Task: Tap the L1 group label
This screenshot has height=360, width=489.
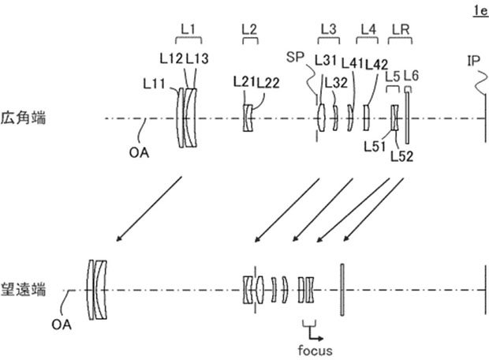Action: [x=188, y=28]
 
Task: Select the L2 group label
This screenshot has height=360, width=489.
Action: [x=248, y=28]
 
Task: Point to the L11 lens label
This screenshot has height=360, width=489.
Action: [x=155, y=81]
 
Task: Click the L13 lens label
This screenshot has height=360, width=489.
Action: [x=200, y=57]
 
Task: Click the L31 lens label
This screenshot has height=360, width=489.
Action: [x=326, y=58]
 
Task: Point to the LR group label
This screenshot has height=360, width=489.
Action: [x=401, y=28]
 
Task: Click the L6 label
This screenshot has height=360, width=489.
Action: [x=410, y=75]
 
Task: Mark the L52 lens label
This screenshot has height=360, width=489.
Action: [x=403, y=156]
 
